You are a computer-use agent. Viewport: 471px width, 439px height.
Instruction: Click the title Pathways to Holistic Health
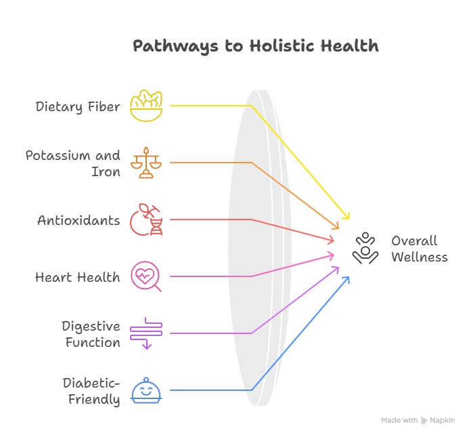pos(256,46)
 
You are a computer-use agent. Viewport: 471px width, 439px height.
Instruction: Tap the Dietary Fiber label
pos(78,107)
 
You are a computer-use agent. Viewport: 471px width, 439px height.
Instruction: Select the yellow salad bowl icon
pos(146,106)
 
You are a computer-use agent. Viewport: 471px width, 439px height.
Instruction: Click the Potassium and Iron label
pos(72,163)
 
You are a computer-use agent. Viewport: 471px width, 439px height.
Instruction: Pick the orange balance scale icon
pos(146,163)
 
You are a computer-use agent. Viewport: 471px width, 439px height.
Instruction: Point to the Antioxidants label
pos(78,220)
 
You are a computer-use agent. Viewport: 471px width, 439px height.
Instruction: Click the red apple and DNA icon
pos(146,219)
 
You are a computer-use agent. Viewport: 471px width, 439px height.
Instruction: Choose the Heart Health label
pos(78,277)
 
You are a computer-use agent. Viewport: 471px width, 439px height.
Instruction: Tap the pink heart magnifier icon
pos(146,276)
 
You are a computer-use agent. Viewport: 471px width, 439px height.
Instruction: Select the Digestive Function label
pos(91,335)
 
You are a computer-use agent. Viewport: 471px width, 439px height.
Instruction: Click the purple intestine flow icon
pos(146,333)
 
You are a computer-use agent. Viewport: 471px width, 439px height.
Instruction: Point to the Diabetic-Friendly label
pos(91,391)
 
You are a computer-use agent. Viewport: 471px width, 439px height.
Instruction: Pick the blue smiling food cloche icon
pos(146,390)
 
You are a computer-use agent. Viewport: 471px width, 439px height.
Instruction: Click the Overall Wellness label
pos(420,249)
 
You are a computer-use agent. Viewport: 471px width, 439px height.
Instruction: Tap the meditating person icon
pos(365,248)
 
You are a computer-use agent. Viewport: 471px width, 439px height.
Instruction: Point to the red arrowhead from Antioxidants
pos(331,240)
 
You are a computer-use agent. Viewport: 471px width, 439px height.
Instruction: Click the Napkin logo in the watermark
pos(424,420)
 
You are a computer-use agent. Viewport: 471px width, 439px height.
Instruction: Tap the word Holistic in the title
pos(282,45)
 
